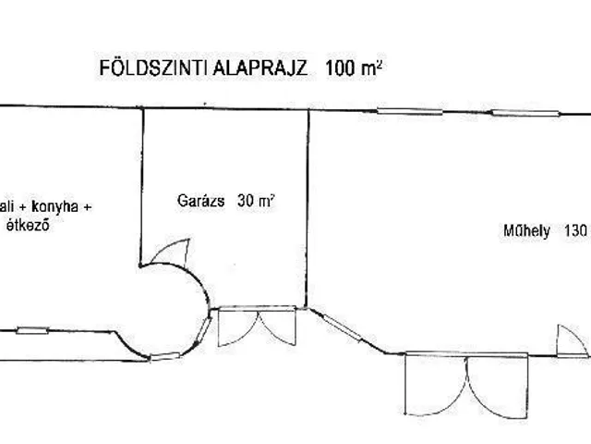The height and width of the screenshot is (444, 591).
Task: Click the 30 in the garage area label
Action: click(x=244, y=200)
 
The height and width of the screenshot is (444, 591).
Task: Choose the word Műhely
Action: click(x=520, y=231)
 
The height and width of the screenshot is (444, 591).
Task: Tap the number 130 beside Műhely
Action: click(x=572, y=231)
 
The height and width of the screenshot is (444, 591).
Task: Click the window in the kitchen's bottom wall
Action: click(x=32, y=329)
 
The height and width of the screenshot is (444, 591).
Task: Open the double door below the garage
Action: click(x=256, y=329)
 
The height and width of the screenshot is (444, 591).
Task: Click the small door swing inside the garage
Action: click(x=173, y=250)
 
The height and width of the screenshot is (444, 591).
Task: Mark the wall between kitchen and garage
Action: click(x=141, y=185)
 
